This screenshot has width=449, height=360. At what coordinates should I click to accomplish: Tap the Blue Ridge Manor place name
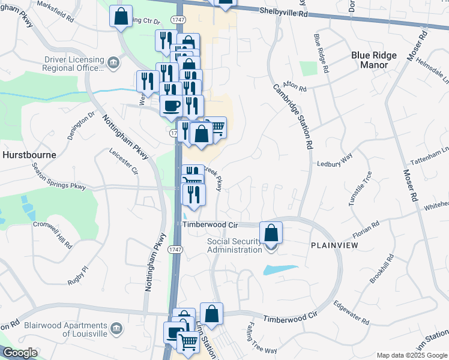click(x=374, y=60)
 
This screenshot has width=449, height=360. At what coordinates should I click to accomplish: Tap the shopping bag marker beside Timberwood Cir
click(x=271, y=232)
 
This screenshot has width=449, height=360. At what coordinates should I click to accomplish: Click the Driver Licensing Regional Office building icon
click(x=113, y=63)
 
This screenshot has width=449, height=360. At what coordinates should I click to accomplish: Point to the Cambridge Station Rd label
click(x=293, y=116)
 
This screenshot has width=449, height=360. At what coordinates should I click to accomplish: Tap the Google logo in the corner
click(x=20, y=353)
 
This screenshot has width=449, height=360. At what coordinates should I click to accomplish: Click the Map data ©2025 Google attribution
click(x=411, y=355)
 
